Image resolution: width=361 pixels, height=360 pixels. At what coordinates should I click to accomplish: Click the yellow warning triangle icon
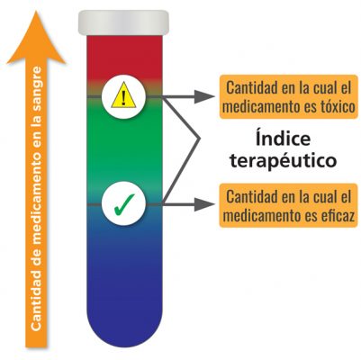click(x=123, y=95)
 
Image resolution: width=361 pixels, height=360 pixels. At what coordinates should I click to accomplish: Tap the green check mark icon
click(x=124, y=204)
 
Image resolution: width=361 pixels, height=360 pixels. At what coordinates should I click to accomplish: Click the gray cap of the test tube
click(x=123, y=22)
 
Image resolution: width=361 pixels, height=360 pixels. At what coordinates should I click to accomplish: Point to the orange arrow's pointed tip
click(x=36, y=12)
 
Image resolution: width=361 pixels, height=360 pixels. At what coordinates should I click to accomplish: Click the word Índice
click(x=283, y=139)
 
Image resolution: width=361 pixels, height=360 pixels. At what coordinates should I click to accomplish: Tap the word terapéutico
click(x=283, y=160)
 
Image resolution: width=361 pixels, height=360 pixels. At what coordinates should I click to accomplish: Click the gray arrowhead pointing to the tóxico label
click(x=204, y=96)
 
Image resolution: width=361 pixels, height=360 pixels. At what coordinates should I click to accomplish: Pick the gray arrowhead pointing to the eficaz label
click(x=204, y=204)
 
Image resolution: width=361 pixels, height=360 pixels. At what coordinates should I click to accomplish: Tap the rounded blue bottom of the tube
click(x=124, y=324)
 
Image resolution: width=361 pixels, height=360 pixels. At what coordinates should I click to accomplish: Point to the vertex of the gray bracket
click(x=199, y=139)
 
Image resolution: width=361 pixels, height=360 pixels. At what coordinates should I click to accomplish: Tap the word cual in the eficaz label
click(x=324, y=197)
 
